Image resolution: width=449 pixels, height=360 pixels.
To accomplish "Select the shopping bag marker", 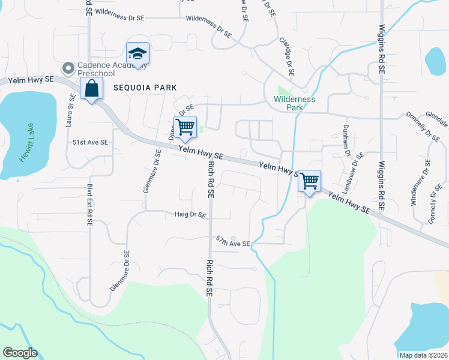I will tap(91, 89).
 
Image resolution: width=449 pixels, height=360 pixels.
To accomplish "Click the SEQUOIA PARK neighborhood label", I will tap(145, 88).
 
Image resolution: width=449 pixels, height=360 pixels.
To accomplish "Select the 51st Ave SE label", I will tap(90, 142).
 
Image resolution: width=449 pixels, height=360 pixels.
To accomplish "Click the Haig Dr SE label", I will tap(190, 214).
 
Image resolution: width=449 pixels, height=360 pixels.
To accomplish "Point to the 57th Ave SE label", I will tap(233, 243).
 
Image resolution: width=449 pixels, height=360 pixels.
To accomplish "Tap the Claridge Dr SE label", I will tap(287, 55).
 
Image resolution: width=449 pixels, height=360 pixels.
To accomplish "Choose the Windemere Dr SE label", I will tap(420, 182).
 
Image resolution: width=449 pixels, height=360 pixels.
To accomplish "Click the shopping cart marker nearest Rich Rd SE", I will tap(185, 127).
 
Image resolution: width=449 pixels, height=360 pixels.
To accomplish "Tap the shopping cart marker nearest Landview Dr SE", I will tap(309, 181).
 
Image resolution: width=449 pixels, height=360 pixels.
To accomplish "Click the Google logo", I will tap(20, 353).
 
